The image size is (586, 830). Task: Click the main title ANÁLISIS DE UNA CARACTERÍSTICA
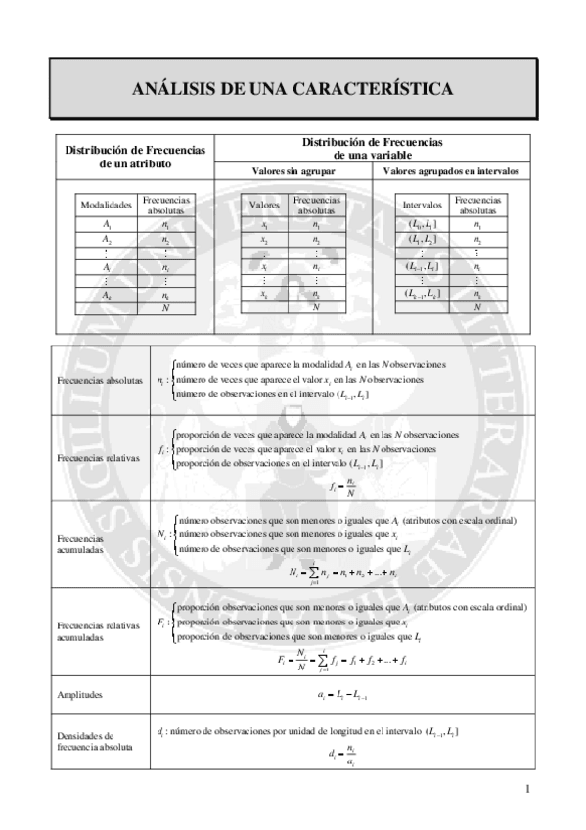click(x=293, y=89)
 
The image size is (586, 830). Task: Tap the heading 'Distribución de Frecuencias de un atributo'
click(x=134, y=158)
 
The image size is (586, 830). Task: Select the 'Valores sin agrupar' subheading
click(x=293, y=171)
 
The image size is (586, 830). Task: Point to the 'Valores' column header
click(x=265, y=206)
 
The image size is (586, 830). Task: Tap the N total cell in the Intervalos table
click(x=477, y=307)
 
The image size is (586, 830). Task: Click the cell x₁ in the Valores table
click(x=265, y=225)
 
